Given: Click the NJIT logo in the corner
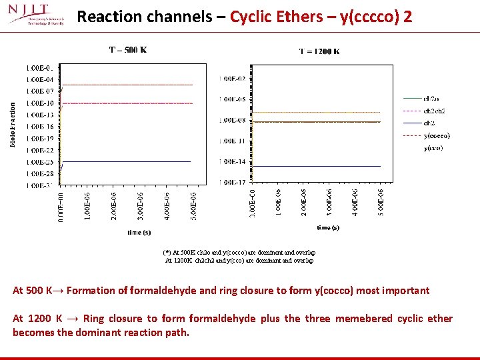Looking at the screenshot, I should pos(36,16).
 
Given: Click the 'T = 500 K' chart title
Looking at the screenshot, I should pos(128,49).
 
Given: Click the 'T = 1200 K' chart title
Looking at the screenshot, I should pos(319,51).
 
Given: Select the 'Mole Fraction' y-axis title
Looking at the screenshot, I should pos(13,125).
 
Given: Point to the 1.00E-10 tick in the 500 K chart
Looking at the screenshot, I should pos(39,103).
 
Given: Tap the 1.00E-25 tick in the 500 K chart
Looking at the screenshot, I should pos(39,162).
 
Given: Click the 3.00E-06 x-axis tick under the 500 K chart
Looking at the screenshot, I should pos(140,207).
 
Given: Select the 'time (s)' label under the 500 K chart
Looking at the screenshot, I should pos(139,233).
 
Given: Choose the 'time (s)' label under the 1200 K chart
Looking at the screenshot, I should pos(328,228).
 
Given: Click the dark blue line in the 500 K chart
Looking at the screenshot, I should pos(127,161).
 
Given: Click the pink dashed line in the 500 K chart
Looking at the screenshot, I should pos(127,103).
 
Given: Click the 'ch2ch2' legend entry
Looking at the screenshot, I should pos(434,111).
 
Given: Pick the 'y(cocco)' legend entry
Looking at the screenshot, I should pos(437,135).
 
